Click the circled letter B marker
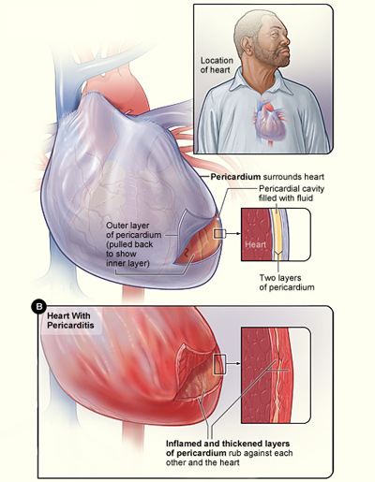[x=39, y=306]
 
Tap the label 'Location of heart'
[x=217, y=65]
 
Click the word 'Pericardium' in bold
[x=235, y=177]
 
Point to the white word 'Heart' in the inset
[x=256, y=244]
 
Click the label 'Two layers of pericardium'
[x=287, y=283]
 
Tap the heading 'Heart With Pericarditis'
[x=70, y=320]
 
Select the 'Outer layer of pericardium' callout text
[x=134, y=244]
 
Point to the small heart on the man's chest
[x=269, y=122]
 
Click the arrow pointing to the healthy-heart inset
[x=232, y=233]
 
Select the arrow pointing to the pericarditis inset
[x=232, y=363]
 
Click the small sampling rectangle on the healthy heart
[x=218, y=234]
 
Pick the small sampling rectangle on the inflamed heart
[x=218, y=364]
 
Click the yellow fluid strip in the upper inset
[x=277, y=234]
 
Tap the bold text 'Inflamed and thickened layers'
[x=228, y=444]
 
